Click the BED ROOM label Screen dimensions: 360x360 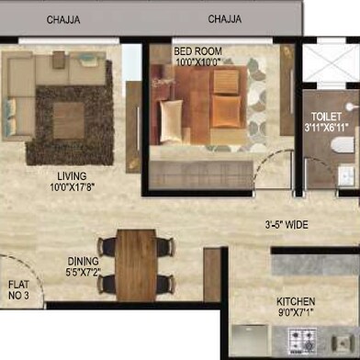pos(197,51)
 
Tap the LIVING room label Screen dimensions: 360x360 pos(72,176)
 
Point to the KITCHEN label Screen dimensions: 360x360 pos(296,301)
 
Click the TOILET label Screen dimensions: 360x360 pos(326,117)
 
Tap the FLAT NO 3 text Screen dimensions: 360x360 pos(18,290)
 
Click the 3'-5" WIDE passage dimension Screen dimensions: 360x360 pos(287,225)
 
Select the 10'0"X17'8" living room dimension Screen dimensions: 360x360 pos(73,187)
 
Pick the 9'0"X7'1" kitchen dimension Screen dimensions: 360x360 pos(296,312)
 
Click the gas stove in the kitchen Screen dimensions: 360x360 pos(302,341)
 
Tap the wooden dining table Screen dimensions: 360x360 pos(136,265)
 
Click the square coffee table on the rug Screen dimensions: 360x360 pos(69,120)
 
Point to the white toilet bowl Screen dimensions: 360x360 pos(343,145)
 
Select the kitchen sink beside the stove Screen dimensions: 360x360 pos(343,343)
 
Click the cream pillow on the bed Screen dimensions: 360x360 pos(171,121)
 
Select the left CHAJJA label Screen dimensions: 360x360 pos(63,20)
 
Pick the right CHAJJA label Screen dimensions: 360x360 pos(225,19)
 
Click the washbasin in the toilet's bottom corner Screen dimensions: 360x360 pos(346,175)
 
